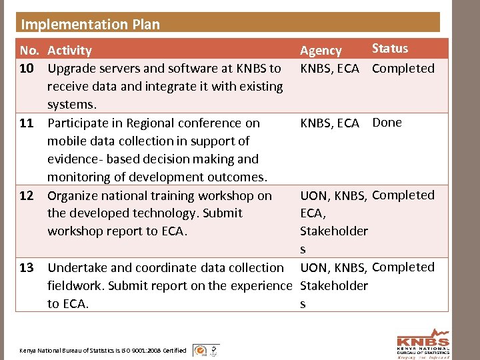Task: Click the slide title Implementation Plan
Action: [x=91, y=25]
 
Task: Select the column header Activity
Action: [x=69, y=51]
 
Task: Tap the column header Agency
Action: [x=321, y=51]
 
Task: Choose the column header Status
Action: [x=390, y=48]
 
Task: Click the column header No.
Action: [x=29, y=51]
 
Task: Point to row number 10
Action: [x=27, y=69]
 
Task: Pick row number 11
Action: [x=27, y=123]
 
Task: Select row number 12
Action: [x=27, y=196]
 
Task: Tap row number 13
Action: [x=27, y=268]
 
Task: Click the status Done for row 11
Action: [x=387, y=123]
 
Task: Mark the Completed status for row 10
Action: [x=403, y=69]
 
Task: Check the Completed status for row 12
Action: [x=403, y=195]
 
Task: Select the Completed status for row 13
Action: [x=403, y=267]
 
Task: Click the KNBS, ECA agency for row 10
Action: [x=329, y=69]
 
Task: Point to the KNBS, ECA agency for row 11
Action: [x=329, y=123]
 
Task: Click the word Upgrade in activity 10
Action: [x=71, y=69]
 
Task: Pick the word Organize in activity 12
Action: [x=73, y=196]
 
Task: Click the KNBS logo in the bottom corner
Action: [x=423, y=343]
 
